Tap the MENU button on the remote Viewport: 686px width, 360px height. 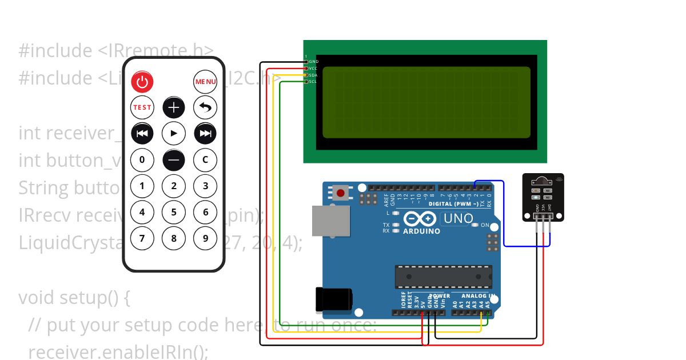[205, 82]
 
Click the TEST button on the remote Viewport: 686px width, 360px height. [142, 107]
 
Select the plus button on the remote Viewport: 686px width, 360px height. [174, 107]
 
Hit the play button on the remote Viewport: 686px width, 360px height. [174, 133]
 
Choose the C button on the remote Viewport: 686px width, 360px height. [205, 159]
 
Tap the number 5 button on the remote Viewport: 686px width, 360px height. [174, 212]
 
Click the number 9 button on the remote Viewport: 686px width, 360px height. [205, 238]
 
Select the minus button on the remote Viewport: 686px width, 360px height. [174, 159]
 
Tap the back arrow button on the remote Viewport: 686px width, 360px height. [205, 107]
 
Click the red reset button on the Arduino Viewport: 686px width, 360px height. [341, 193]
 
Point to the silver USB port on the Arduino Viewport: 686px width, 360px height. [330, 221]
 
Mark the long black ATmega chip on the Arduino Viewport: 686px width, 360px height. [444, 277]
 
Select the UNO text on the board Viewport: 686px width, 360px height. [458, 218]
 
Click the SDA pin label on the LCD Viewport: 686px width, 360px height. [313, 75]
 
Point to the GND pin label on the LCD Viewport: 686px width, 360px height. [313, 61]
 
